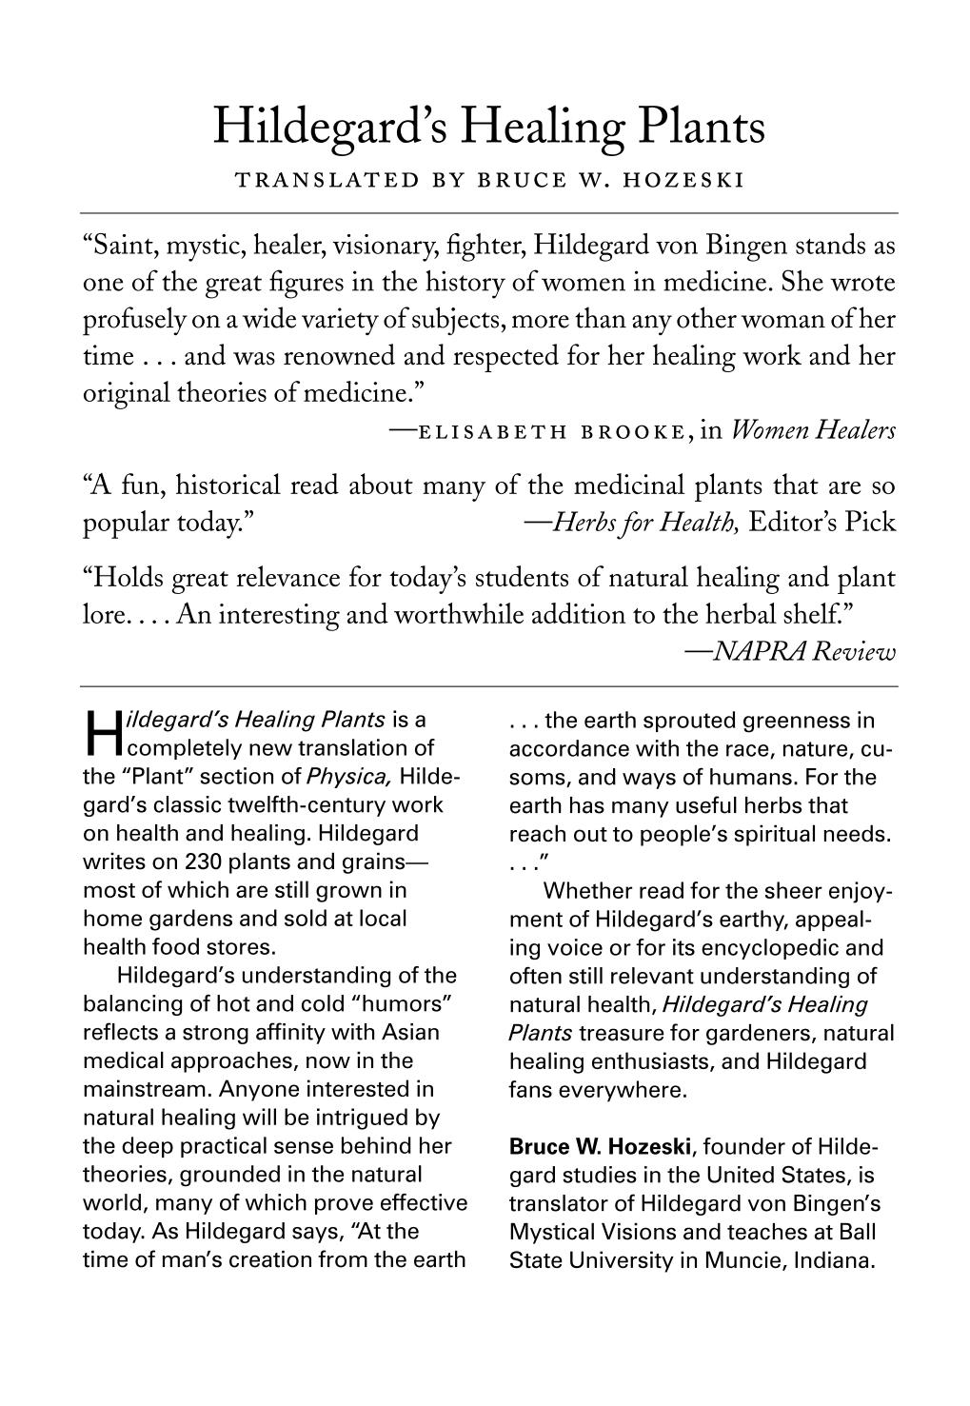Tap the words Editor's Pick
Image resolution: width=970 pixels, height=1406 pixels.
[x=822, y=523]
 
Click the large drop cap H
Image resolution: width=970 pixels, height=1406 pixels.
[x=100, y=731]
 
